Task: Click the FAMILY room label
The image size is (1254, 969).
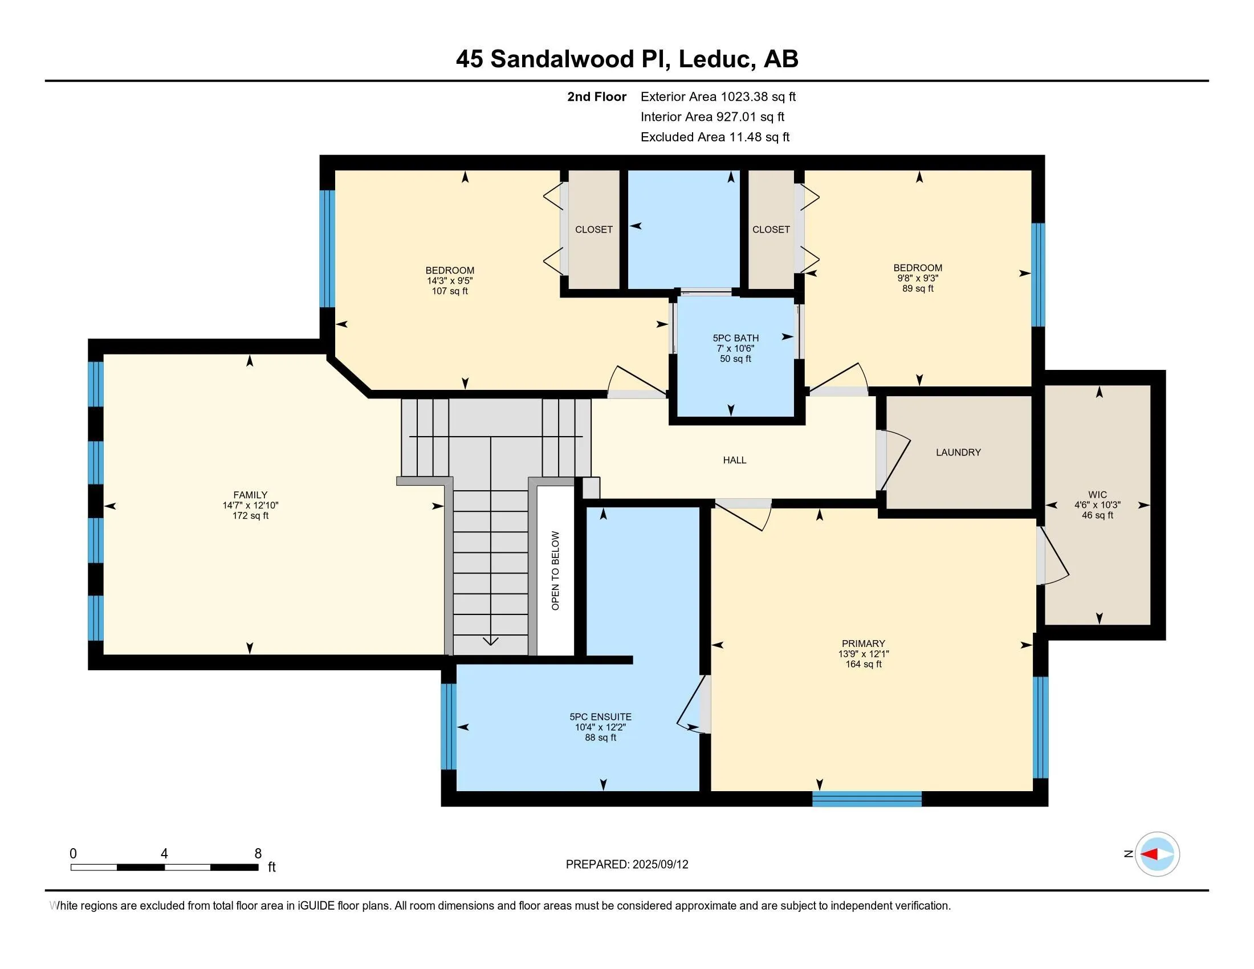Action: (250, 495)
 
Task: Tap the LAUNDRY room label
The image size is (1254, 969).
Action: (958, 453)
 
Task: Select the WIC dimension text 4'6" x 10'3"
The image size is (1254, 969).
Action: (1097, 505)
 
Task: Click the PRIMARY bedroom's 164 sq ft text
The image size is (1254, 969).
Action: (863, 664)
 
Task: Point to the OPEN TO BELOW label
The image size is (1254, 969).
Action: (555, 571)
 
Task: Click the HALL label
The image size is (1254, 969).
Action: (734, 460)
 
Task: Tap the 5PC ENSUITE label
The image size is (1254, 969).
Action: (600, 716)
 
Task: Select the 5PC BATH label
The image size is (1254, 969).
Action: (735, 338)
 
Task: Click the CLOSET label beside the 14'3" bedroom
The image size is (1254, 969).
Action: (594, 230)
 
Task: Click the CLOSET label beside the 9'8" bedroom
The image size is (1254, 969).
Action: (771, 230)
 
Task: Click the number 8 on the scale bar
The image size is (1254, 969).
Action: (258, 854)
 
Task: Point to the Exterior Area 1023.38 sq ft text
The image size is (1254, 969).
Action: (718, 97)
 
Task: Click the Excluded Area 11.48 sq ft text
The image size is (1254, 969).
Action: (715, 137)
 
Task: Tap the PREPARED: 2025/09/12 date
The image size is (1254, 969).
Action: (626, 865)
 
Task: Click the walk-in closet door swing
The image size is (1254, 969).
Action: (1053, 557)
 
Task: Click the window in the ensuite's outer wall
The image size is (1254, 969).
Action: (449, 726)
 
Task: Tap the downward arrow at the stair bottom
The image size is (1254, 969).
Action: (490, 641)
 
